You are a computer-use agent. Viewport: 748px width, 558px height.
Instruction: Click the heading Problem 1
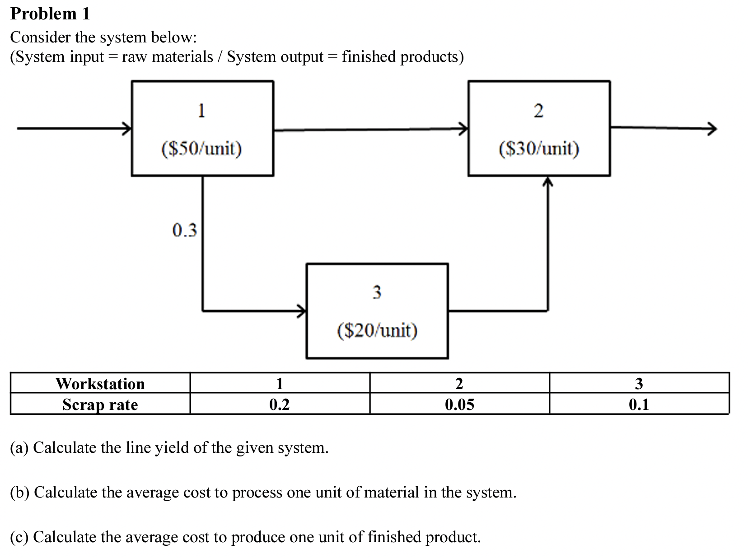[x=50, y=14]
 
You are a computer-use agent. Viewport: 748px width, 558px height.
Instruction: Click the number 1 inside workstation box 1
[x=201, y=110]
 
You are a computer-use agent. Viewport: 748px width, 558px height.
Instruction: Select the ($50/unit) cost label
[x=201, y=148]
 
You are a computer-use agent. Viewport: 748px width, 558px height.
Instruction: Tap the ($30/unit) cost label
[x=539, y=148]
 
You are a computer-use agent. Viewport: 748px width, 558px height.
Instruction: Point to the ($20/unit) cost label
[x=377, y=330]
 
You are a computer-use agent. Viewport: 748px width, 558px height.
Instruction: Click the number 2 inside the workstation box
[x=538, y=111]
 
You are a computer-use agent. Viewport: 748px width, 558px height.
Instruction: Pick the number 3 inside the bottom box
[x=377, y=292]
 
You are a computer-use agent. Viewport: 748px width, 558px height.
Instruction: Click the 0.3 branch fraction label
[x=185, y=230]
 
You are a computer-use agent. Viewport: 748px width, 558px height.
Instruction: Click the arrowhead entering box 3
[x=302, y=311]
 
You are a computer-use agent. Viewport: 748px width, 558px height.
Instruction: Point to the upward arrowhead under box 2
[x=548, y=181]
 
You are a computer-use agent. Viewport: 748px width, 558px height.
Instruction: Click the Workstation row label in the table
[x=100, y=384]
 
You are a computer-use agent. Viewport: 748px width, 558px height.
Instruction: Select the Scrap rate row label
[x=100, y=405]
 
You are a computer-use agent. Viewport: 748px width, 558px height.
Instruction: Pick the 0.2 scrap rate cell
[x=279, y=405]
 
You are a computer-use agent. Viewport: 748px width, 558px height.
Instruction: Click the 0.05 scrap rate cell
[x=459, y=405]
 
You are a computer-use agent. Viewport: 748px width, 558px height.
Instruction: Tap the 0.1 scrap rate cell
[x=639, y=405]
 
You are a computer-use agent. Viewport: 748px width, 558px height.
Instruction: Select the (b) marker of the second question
[x=20, y=492]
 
